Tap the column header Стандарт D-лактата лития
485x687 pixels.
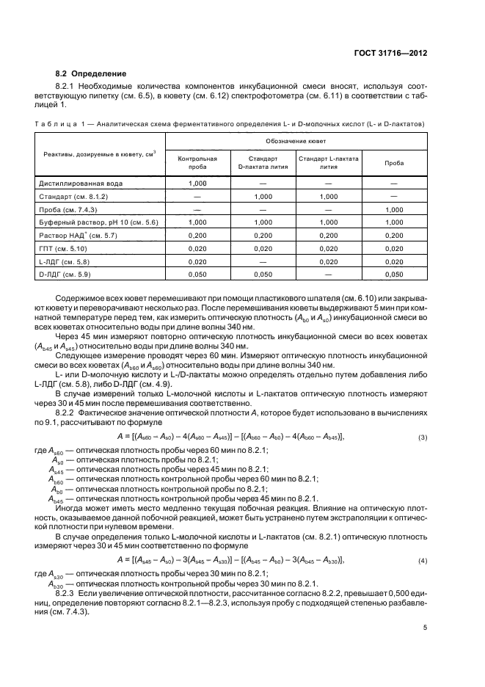tap(262, 162)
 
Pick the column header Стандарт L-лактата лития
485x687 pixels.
tap(328, 162)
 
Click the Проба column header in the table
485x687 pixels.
tap(393, 162)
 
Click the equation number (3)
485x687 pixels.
tap(423, 459)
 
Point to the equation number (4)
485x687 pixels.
tap(423, 561)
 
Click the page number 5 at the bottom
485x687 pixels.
tap(425, 628)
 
